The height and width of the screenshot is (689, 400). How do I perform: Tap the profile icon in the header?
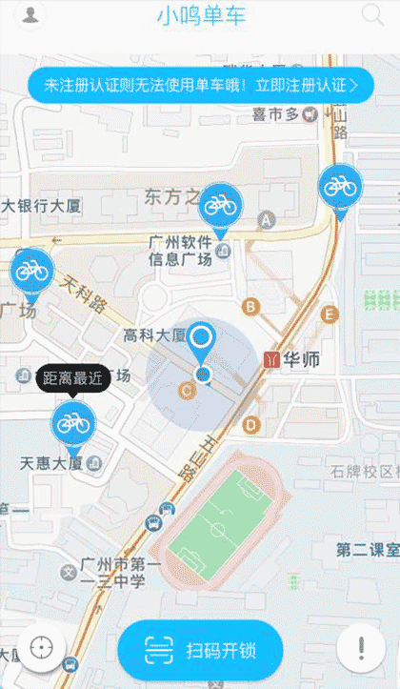coord(31,15)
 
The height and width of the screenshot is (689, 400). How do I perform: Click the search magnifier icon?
coord(371,14)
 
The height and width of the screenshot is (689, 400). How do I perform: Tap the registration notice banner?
coord(200,85)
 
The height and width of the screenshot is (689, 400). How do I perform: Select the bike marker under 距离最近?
coord(72,422)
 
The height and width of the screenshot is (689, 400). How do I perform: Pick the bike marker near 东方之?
coord(221,204)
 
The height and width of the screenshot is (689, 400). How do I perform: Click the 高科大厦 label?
coord(154,335)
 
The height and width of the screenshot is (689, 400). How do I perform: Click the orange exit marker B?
coord(251,306)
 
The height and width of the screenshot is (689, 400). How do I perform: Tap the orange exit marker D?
coord(251,424)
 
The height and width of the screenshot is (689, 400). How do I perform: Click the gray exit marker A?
coord(267,220)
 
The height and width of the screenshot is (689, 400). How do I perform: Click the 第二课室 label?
coord(368,550)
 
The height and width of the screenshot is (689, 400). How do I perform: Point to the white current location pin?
coord(201,337)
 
